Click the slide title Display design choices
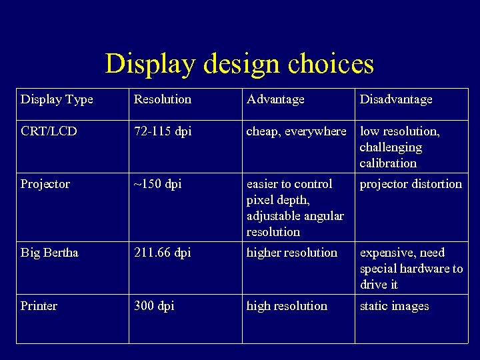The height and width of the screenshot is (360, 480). pos(239,64)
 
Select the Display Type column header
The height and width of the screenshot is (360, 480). pos(57,99)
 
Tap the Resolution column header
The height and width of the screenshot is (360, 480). pos(162,99)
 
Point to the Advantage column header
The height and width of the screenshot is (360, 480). pos(275,99)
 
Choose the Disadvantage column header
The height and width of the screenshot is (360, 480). pos(396,99)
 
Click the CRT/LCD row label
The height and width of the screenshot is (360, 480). pos(49,131)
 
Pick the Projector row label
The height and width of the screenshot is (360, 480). pos(45,184)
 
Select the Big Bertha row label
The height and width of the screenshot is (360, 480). pos(49,253)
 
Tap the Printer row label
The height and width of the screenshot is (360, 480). pos(39,306)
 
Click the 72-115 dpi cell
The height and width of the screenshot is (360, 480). pos(162,131)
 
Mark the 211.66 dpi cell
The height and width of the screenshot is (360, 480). pos(162,253)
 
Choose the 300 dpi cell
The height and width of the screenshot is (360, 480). pos(154,306)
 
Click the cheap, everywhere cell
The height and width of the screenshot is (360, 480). pos(296,131)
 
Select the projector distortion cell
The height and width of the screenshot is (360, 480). pos(411,184)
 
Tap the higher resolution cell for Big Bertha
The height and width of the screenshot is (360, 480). pos(292,253)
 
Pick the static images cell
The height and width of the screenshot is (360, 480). pos(394,306)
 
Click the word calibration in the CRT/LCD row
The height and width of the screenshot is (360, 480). pos(388,163)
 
